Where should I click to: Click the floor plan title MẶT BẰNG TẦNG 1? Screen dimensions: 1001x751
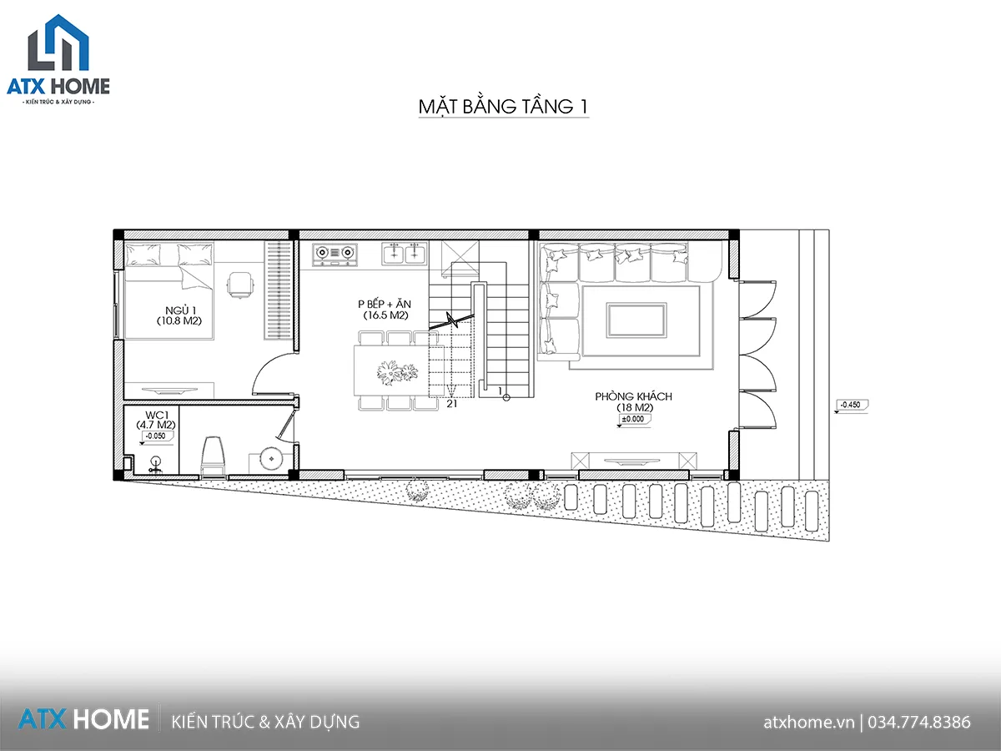pos(504,106)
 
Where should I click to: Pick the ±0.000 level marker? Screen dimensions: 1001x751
pos(633,420)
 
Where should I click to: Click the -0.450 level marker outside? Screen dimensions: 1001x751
pos(851,406)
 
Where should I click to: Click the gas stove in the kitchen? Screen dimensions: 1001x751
pos(335,254)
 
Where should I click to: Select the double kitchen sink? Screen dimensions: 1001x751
pos(405,253)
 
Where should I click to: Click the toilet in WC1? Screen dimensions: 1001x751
pos(213,456)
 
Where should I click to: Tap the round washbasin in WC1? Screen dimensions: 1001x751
pos(271,459)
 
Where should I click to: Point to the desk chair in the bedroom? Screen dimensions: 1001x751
pos(240,285)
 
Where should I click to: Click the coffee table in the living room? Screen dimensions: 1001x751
pos(636,320)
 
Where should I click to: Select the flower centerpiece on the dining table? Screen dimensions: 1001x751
pos(397,372)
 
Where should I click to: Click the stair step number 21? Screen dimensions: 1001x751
pos(451,404)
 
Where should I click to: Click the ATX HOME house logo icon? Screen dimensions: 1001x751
pos(58,43)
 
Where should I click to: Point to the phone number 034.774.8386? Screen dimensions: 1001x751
pos(919,722)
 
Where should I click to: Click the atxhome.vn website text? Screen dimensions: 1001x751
pos(808,723)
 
